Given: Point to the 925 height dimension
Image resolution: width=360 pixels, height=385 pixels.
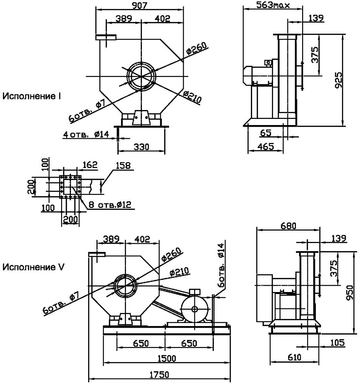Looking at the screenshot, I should point(339,80).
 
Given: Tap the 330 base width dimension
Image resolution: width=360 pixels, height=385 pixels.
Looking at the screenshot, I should point(141,147).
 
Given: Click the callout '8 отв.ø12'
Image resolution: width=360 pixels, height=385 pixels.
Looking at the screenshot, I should point(110,205).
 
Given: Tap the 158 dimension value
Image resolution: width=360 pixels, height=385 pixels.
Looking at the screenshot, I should point(123,166).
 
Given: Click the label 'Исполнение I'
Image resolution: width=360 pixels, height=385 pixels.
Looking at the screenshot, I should point(32,96).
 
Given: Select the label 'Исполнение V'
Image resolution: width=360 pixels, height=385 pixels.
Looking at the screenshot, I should point(33,267).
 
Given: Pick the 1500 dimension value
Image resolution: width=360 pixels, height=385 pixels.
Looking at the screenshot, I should point(167,358).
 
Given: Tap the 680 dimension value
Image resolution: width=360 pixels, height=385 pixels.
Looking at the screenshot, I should point(288,226).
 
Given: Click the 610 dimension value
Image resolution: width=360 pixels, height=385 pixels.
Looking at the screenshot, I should point(294,357).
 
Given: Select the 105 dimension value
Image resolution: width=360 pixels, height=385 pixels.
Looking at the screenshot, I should point(337,343).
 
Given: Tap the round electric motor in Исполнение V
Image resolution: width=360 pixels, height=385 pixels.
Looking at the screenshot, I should point(195,309).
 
